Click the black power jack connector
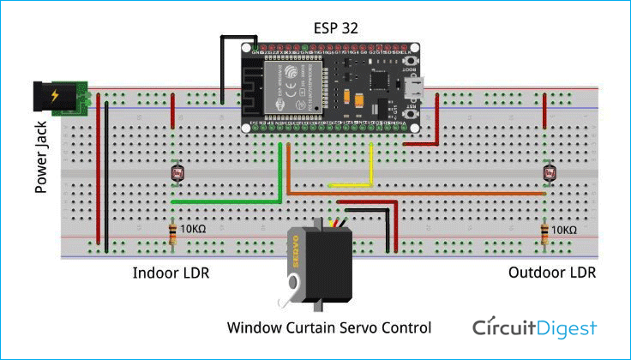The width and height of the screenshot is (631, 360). coord(52,98)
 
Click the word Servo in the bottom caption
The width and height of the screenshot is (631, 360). coord(356,327)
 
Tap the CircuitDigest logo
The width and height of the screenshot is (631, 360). coord(535,327)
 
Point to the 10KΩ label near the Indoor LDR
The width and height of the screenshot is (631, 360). coord(196,230)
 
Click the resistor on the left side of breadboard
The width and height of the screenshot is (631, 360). coord(173,232)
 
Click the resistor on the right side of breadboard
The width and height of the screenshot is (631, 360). coord(544,232)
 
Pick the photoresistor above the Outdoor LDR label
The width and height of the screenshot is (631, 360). coord(548,172)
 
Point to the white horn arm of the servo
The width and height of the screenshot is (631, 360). coord(294,290)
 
